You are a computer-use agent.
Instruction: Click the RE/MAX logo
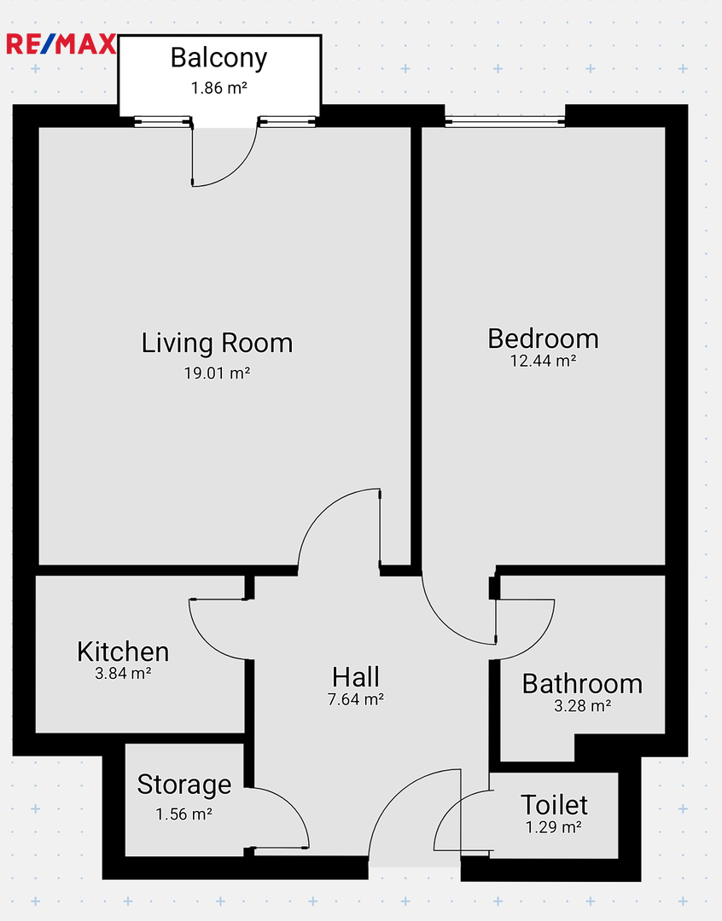[61, 44]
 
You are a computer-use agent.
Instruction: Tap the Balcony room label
[218, 58]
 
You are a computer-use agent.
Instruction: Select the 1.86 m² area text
[218, 88]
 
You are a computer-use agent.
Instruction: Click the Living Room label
[217, 344]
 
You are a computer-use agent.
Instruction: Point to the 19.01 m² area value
[217, 373]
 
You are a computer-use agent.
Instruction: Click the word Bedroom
[544, 339]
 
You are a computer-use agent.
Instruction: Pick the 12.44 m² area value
[543, 361]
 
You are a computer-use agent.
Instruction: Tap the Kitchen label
[123, 652]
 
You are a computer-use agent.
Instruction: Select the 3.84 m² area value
[123, 673]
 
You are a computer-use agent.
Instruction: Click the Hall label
[356, 677]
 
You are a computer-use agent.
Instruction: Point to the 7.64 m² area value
[356, 699]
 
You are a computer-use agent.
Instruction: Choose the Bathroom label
[582, 684]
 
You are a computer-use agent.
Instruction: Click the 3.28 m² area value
[582, 705]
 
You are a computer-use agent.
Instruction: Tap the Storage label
[184, 785]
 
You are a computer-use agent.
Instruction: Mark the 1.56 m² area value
[183, 814]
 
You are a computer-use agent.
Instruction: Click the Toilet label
[554, 805]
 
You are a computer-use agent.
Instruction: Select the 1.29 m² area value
[553, 827]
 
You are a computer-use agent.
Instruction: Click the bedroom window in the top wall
[504, 122]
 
